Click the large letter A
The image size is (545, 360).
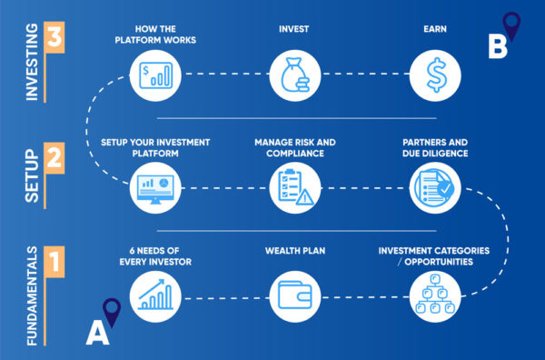pyautogui.click(x=97, y=335)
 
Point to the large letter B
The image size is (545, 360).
pyautogui.click(x=497, y=47)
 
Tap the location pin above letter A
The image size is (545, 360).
pyautogui.click(x=112, y=312)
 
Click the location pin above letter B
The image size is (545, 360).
pyautogui.click(x=511, y=25)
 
